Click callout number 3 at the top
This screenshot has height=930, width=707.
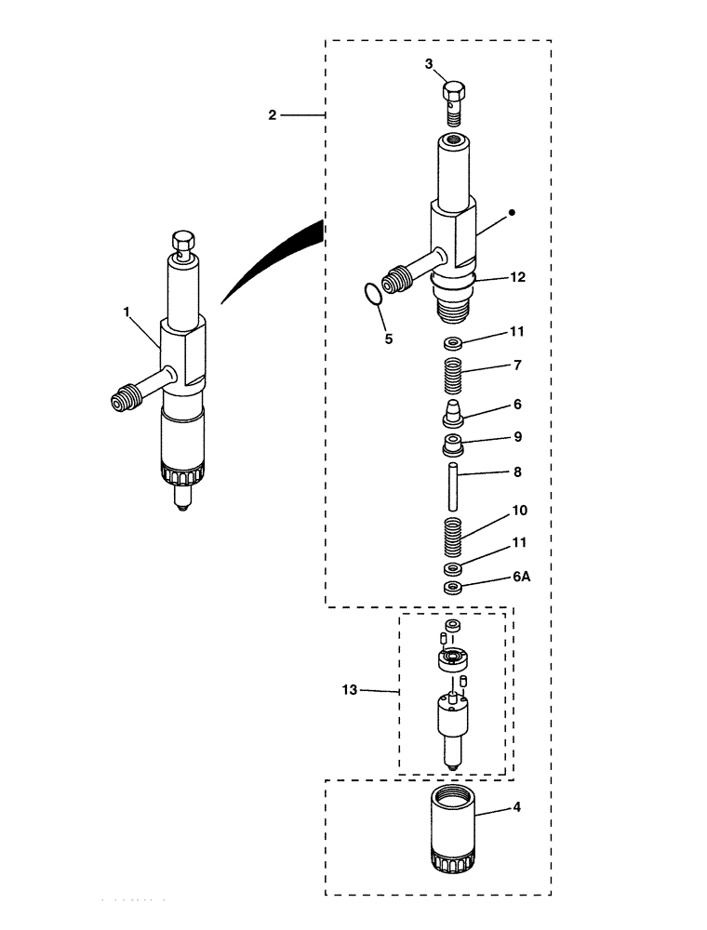429,64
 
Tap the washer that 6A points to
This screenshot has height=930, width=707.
453,588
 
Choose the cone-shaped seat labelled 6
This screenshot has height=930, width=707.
453,410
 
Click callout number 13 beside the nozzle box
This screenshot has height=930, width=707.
351,690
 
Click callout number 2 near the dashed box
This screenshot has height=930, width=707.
272,115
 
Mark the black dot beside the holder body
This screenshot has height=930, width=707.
512,213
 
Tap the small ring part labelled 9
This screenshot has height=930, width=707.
452,442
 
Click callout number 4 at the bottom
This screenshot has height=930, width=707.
516,807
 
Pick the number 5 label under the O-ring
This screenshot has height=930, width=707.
388,339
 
